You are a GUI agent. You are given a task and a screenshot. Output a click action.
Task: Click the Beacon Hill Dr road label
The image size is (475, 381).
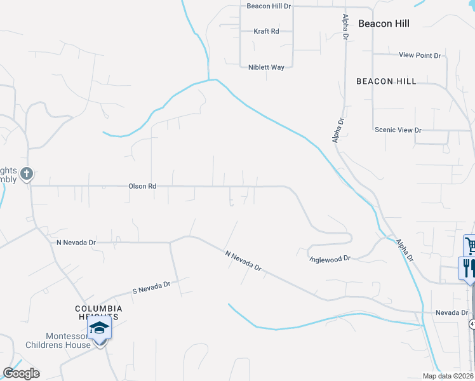coord(268,6)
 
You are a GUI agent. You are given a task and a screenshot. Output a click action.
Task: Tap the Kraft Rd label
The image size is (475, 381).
coord(266,31)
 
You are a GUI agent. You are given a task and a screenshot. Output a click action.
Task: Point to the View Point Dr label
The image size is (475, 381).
coord(420,55)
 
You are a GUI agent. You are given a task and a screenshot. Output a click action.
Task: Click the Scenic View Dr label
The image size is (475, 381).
coord(398,130)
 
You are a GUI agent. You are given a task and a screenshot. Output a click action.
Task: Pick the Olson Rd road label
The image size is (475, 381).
coord(142,186)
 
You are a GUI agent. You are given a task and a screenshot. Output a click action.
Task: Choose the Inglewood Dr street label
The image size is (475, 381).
coord(330,259)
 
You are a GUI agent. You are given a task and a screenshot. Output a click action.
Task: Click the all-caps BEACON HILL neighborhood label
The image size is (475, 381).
coord(386,81)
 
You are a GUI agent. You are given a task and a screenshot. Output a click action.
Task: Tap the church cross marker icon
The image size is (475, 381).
coord(26,173)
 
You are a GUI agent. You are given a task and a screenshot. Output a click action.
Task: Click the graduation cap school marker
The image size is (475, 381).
coord(100,329)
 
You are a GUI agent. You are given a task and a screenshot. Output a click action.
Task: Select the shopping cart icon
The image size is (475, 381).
coord(470,245)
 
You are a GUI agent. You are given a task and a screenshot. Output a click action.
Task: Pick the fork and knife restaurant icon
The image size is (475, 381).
coord(467,267)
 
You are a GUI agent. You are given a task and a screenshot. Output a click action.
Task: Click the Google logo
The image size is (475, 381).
coord(21,373)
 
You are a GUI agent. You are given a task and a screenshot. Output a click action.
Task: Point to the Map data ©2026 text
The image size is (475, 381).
coord(448,376)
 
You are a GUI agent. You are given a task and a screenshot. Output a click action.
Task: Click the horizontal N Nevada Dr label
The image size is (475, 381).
coord(76,243)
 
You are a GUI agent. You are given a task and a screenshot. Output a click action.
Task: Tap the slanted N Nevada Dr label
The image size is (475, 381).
coord(243,260)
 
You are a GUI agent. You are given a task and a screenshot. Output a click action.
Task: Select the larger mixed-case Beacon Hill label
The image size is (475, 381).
coord(384,23)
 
